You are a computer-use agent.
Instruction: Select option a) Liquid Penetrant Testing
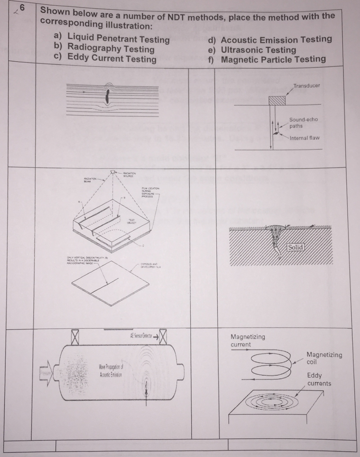(x=112, y=39)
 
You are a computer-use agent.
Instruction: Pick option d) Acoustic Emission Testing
(x=270, y=39)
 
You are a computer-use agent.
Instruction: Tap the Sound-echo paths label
(x=303, y=123)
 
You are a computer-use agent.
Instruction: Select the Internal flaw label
(x=305, y=138)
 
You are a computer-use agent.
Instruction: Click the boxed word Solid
(x=296, y=247)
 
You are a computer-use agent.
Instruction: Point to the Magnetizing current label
(x=247, y=341)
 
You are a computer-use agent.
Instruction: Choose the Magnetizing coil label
(x=324, y=358)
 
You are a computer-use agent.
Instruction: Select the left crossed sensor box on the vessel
(x=75, y=336)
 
